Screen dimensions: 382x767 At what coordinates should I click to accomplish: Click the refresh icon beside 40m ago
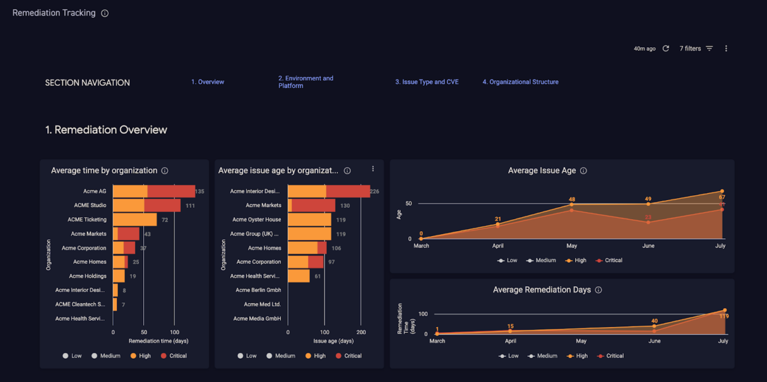pyautogui.click(x=666, y=48)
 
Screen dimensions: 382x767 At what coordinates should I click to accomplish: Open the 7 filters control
pyautogui.click(x=696, y=48)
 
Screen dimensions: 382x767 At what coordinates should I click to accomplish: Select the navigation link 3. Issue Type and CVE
pyautogui.click(x=427, y=82)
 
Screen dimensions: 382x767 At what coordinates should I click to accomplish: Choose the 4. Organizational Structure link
pyautogui.click(x=520, y=82)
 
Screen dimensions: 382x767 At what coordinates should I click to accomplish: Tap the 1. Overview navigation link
pyautogui.click(x=207, y=82)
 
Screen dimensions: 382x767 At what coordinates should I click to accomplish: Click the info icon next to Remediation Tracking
pyautogui.click(x=105, y=13)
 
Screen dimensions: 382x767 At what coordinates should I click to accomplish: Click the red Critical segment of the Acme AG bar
pyautogui.click(x=171, y=192)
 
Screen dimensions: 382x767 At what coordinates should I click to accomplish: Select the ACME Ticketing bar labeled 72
pyautogui.click(x=135, y=220)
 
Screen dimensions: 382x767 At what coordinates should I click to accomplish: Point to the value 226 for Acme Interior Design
pyautogui.click(x=375, y=192)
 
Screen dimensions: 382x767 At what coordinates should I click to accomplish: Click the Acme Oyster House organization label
pyautogui.click(x=256, y=220)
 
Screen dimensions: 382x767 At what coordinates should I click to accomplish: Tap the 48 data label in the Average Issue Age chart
pyautogui.click(x=572, y=199)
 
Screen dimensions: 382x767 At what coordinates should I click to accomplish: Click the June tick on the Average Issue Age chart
pyautogui.click(x=648, y=246)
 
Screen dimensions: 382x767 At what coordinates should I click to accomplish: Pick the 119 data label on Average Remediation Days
pyautogui.click(x=724, y=316)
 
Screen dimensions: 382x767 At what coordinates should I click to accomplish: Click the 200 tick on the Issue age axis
pyautogui.click(x=361, y=332)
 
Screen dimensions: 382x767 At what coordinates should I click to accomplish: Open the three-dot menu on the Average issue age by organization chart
pyautogui.click(x=373, y=169)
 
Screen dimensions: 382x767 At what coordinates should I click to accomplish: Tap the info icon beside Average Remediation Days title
pyautogui.click(x=598, y=290)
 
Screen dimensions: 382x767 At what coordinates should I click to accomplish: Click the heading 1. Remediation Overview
pyautogui.click(x=106, y=130)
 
